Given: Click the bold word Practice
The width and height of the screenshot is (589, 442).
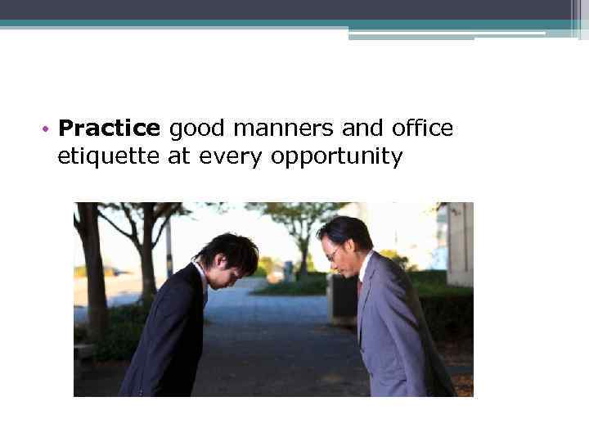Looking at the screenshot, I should (109, 129).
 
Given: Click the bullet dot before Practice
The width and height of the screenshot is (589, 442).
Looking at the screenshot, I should (49, 129).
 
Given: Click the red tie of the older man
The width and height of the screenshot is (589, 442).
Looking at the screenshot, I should (360, 286).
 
